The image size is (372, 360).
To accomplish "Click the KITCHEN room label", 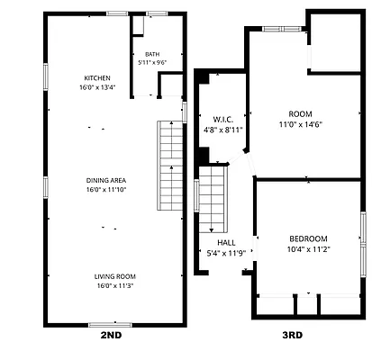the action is (97, 78).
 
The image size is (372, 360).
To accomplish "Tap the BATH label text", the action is (152, 54).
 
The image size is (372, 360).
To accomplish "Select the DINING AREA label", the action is (106, 181).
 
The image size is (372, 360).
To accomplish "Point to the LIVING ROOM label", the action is (115, 276).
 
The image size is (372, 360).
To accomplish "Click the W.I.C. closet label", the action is (223, 120).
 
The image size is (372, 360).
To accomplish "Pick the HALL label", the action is (226, 243).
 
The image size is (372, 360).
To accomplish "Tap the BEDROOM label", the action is (308, 239).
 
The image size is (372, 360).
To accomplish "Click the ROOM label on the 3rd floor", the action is (300, 114).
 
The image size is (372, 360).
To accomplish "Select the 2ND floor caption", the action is (111, 335).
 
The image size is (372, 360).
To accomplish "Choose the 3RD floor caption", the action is (293, 335).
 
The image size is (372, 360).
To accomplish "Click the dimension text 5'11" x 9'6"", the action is (152, 63).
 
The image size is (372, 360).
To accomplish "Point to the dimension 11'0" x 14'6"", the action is (301, 124).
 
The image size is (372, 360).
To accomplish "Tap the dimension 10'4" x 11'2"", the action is (309, 249).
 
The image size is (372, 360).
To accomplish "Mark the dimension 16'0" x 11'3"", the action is (115, 285).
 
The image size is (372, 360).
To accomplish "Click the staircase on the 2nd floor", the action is (170, 166).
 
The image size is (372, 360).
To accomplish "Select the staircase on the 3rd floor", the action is (213, 200).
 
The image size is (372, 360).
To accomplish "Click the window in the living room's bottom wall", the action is (110, 325).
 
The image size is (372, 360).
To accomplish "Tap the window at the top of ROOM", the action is (282, 29).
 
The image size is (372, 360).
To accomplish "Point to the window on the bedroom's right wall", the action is (363, 245).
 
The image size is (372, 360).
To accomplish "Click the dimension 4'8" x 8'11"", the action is (223, 130).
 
